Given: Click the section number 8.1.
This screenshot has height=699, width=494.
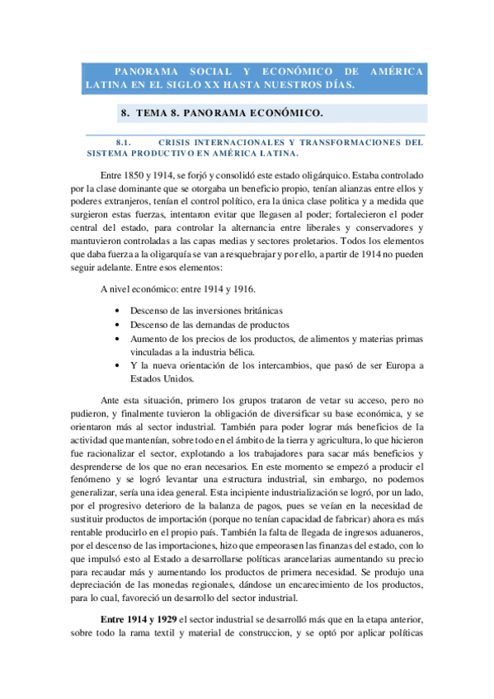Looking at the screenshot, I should pyautogui.click(x=125, y=141).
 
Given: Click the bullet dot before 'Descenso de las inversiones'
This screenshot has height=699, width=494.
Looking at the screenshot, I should pyautogui.click(x=120, y=311).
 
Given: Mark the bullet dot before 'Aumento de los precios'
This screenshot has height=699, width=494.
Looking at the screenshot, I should pyautogui.click(x=120, y=339).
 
